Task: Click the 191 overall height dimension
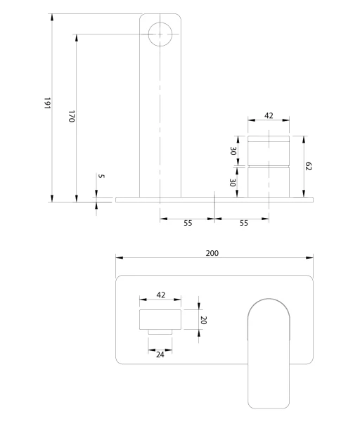[x=47, y=103]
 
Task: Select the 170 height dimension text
[x=72, y=116]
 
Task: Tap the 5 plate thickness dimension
[x=101, y=176]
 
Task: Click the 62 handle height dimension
[x=309, y=167]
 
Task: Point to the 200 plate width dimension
[x=212, y=253]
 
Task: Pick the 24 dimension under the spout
[x=160, y=354]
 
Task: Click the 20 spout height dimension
[x=204, y=320]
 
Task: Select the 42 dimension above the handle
[x=269, y=116]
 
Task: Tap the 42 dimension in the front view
[x=161, y=295]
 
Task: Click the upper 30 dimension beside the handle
[x=233, y=151]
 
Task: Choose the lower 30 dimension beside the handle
[x=233, y=183]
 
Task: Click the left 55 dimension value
[x=188, y=223]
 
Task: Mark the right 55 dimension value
[x=244, y=223]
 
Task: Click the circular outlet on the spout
[x=160, y=34]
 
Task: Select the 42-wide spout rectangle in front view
[x=160, y=319]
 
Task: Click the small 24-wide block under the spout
[x=160, y=332]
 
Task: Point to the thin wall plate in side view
[x=214, y=200]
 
